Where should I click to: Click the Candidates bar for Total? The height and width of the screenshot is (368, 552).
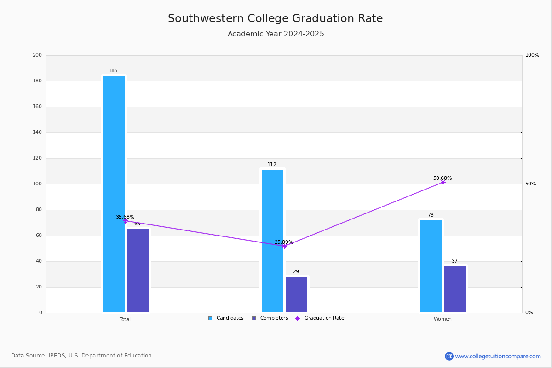click(x=114, y=194)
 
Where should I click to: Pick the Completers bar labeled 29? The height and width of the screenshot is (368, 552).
click(x=296, y=294)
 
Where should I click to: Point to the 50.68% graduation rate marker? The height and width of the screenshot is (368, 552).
click(x=443, y=183)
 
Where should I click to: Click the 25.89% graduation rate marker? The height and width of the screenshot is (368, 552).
click(x=284, y=246)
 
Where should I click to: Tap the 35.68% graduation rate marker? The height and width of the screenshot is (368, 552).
click(x=126, y=221)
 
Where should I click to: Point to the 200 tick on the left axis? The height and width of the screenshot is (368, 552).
click(x=37, y=55)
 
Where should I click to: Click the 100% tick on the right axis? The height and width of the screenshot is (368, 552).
click(x=532, y=55)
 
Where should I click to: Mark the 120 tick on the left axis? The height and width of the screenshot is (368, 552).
click(x=37, y=158)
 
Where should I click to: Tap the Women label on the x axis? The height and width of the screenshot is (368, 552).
click(x=443, y=319)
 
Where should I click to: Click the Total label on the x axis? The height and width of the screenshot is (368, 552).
click(x=125, y=319)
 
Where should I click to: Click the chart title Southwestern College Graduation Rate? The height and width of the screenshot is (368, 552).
click(x=275, y=19)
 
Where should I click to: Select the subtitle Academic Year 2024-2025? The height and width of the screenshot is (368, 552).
click(x=276, y=34)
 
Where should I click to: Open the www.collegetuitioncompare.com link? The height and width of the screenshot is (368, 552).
click(x=498, y=356)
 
